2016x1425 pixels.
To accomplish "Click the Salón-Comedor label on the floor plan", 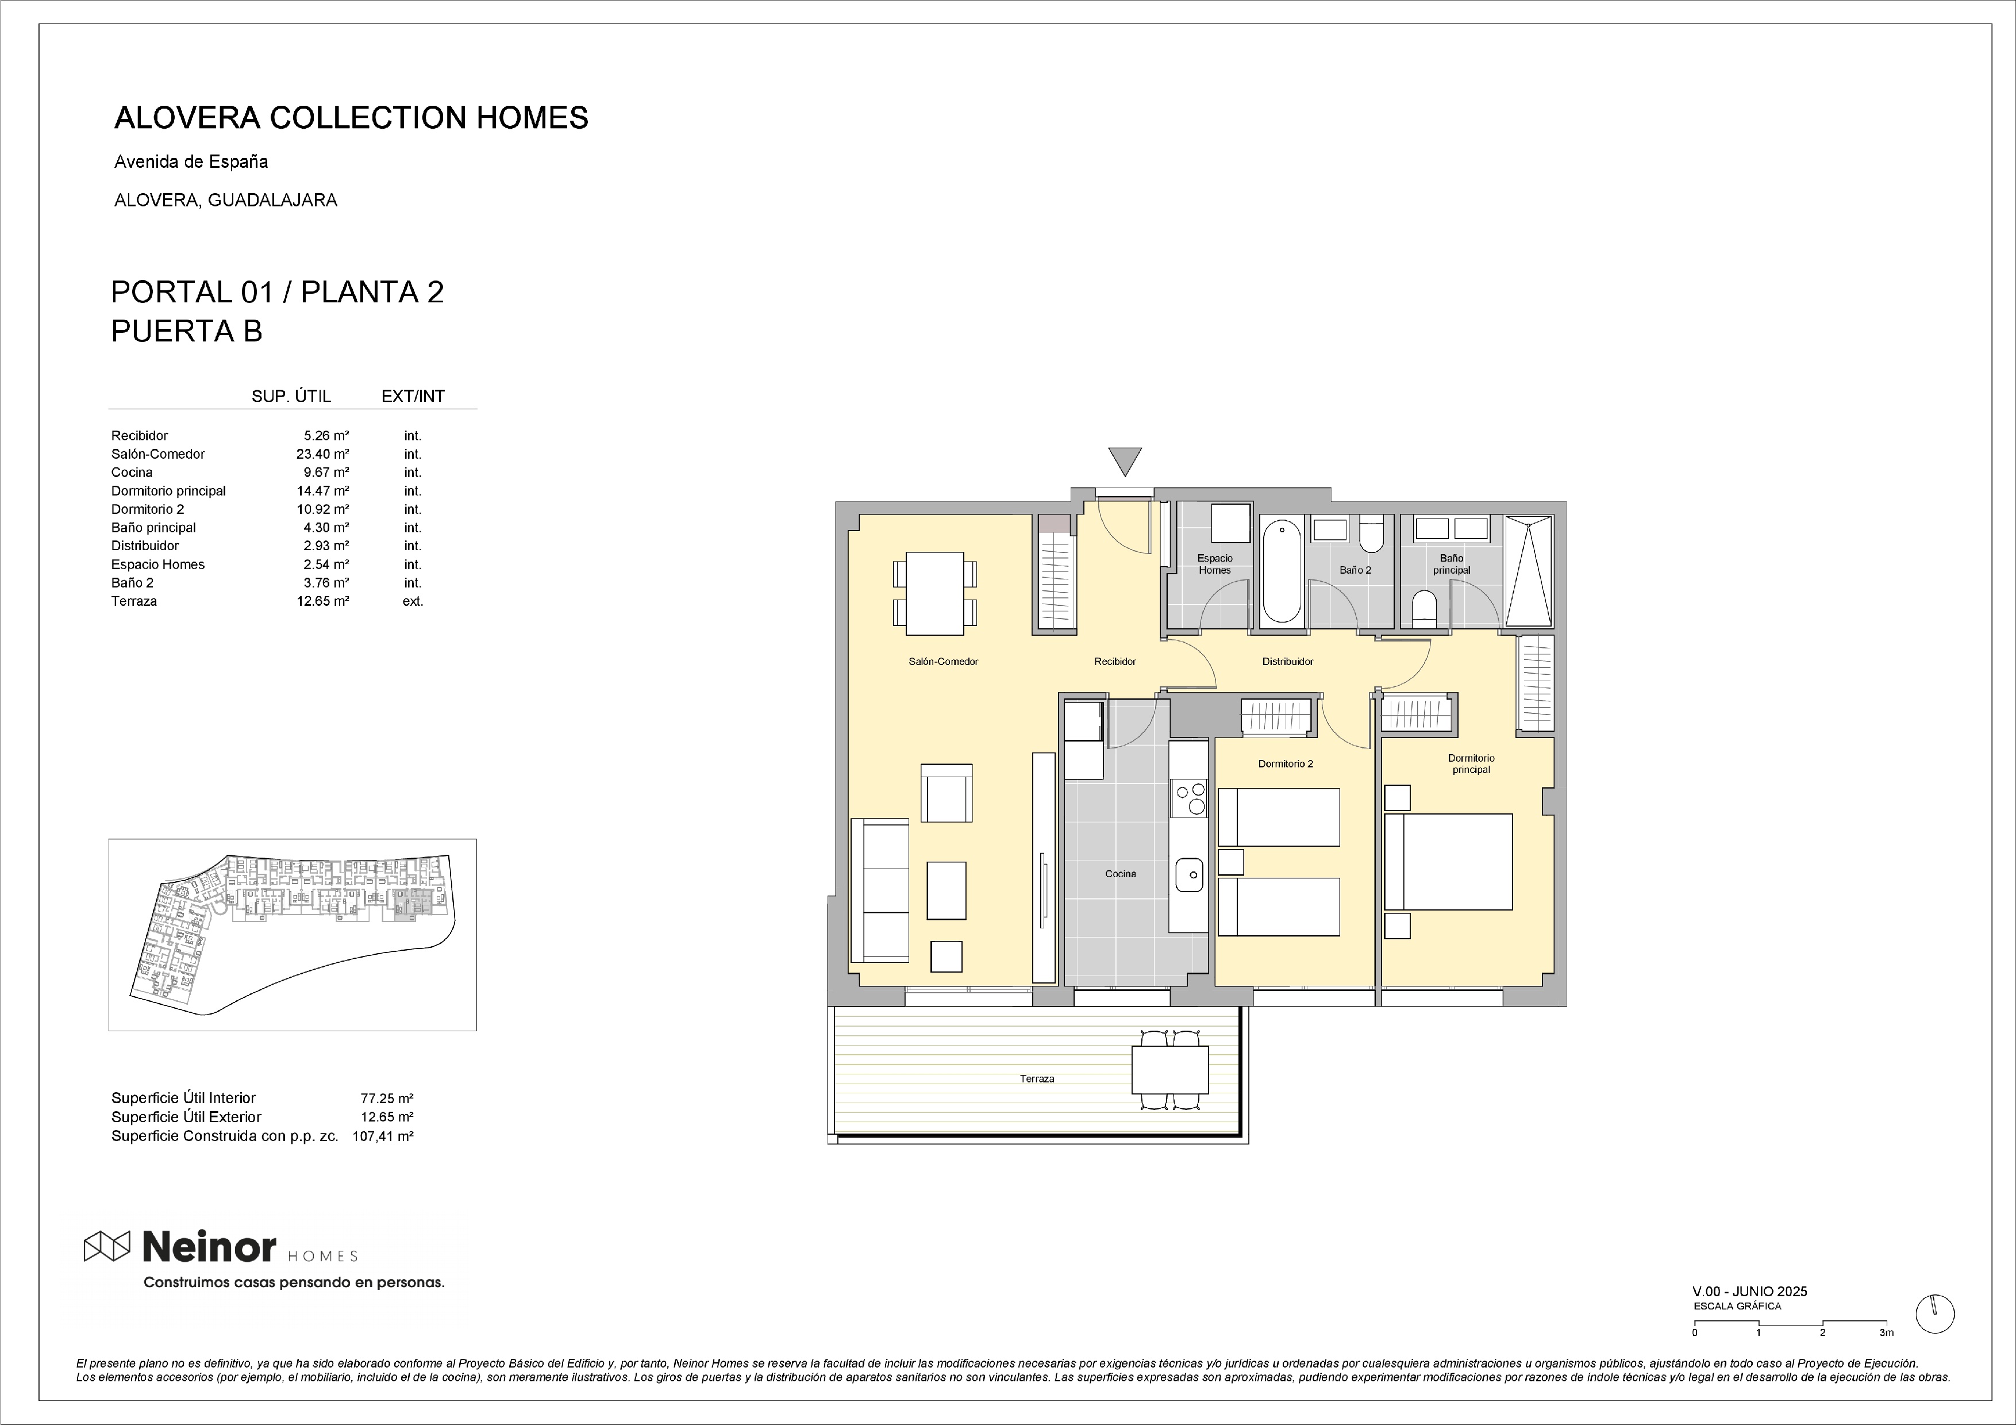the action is pyautogui.click(x=943, y=661).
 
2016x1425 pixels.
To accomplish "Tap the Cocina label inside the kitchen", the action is pyautogui.click(x=1121, y=874).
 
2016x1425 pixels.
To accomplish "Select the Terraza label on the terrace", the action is pyautogui.click(x=1037, y=1078).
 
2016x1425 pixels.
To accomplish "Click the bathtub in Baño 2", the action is pyautogui.click(x=1282, y=571).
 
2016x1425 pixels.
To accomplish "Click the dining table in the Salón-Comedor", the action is pyautogui.click(x=935, y=593).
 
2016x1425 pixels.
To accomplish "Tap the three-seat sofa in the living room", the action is pyautogui.click(x=880, y=890).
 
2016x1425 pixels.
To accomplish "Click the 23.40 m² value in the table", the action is pyautogui.click(x=322, y=454).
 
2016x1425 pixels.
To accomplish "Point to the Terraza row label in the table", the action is pyautogui.click(x=134, y=601).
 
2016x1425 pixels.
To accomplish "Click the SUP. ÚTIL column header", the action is pyautogui.click(x=291, y=396).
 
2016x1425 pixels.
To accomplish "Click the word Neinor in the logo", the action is pyautogui.click(x=209, y=1246).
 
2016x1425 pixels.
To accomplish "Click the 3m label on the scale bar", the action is pyautogui.click(x=1886, y=1333).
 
